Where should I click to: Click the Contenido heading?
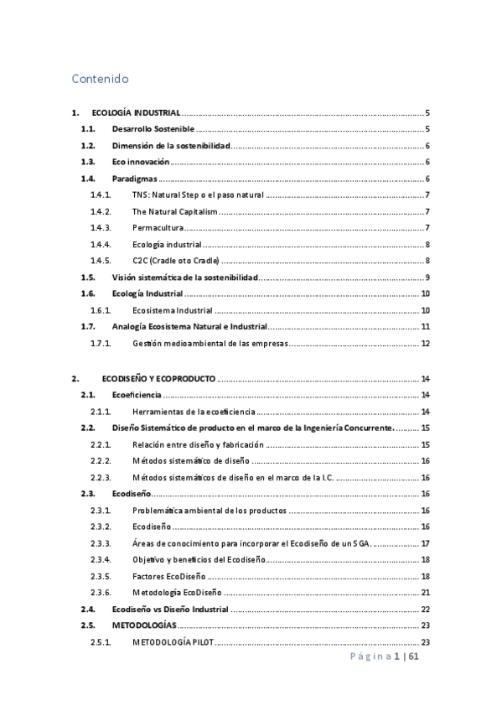coord(100,80)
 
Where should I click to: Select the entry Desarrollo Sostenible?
coord(153,129)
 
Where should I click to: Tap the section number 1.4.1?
coord(101,195)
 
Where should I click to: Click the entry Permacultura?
coord(158,227)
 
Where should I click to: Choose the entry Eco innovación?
coord(141,162)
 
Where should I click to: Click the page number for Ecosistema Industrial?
coord(426,309)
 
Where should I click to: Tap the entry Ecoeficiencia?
coord(137,395)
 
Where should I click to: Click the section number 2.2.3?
coord(101,477)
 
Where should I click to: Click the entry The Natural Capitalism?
coord(174,210)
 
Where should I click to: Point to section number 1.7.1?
coord(101,343)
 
